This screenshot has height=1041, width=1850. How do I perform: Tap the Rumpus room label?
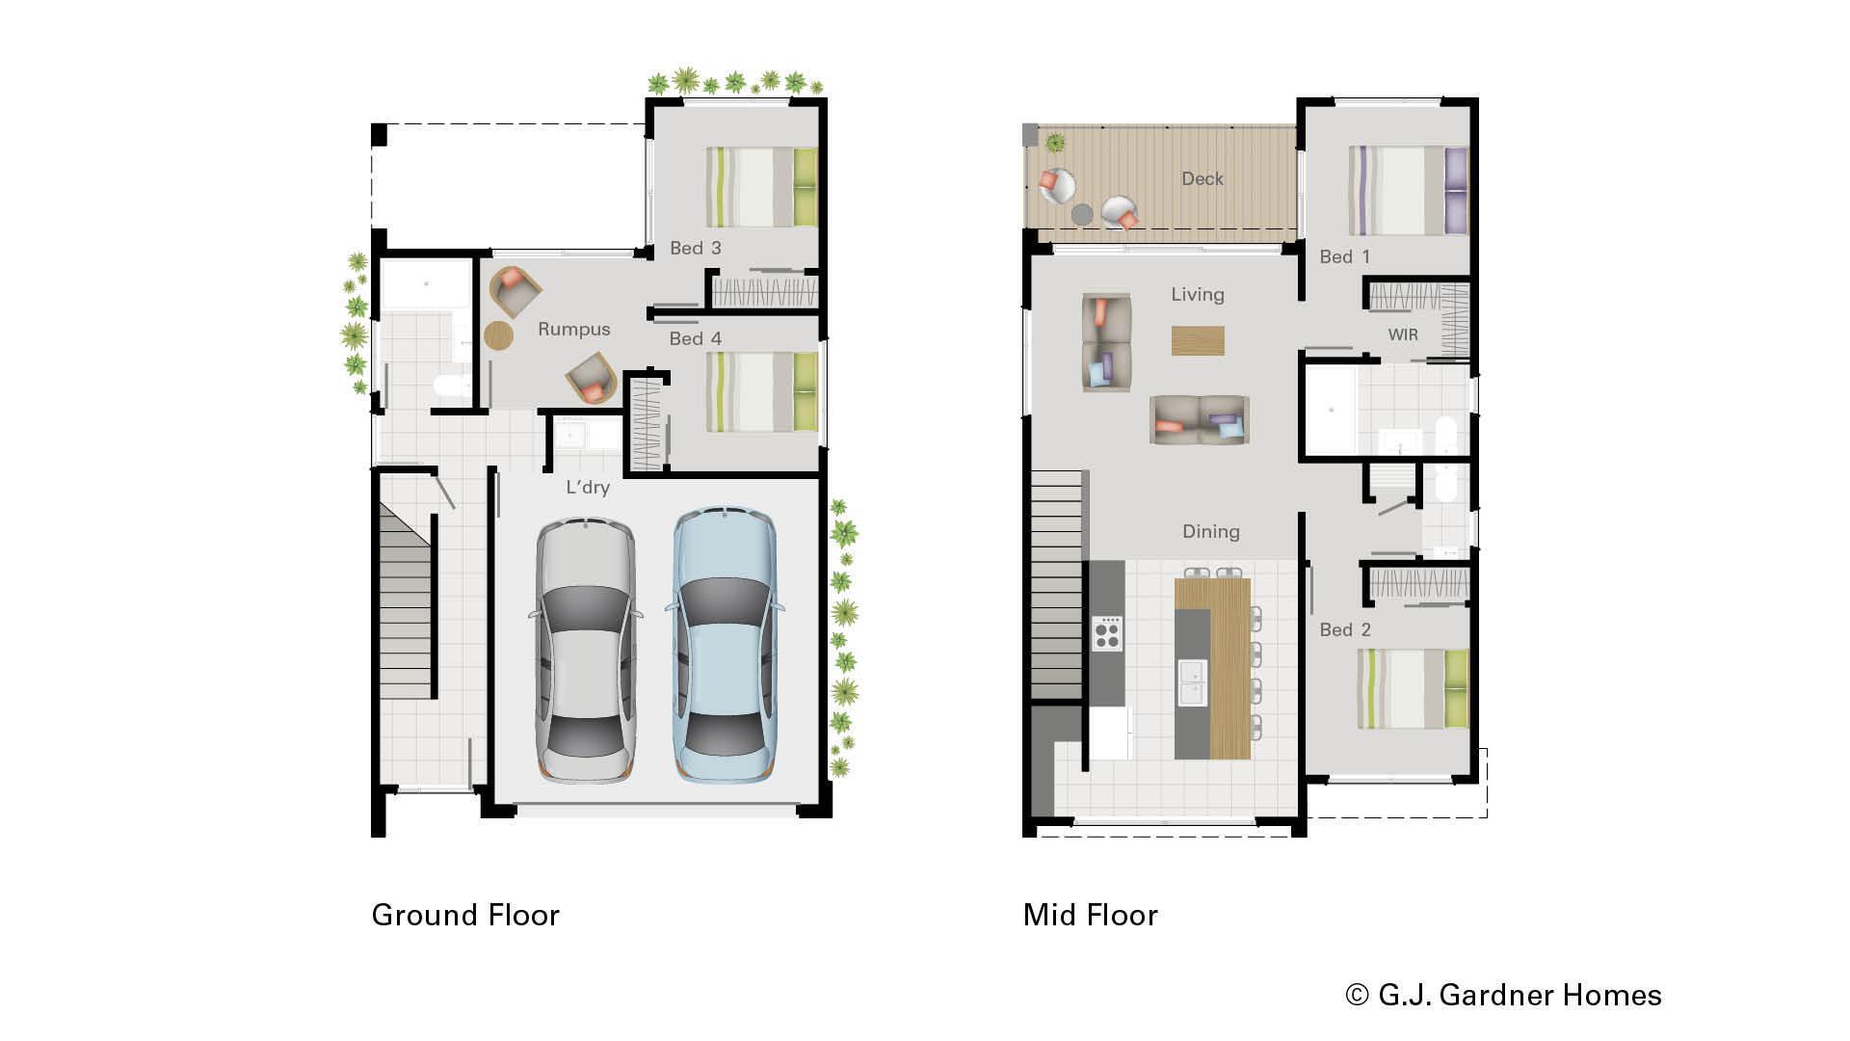[x=573, y=330]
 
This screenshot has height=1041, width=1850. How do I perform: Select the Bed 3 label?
[x=695, y=249]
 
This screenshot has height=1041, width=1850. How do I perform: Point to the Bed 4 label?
[x=695, y=339]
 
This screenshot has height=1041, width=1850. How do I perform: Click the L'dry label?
[x=587, y=488]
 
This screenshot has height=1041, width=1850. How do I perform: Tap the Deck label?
[x=1202, y=179]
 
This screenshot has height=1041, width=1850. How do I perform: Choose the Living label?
[x=1197, y=295]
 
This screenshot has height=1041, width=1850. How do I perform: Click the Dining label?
[x=1210, y=532]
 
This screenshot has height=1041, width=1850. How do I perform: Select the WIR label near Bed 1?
[x=1402, y=335]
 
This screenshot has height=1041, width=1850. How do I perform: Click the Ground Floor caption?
[x=465, y=915]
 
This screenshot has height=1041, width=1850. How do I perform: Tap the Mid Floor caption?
[x=1090, y=915]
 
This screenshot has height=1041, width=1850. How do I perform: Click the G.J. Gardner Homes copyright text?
[x=1503, y=995]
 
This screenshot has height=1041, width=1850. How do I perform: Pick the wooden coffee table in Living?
[x=1198, y=340]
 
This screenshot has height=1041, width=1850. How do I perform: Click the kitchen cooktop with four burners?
[x=1107, y=633]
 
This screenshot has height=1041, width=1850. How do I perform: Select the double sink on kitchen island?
[x=1192, y=681]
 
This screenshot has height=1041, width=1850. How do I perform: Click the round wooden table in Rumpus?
[x=499, y=335]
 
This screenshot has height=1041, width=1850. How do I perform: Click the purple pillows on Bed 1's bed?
[x=1455, y=190]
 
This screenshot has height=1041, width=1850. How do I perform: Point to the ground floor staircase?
[x=405, y=607]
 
